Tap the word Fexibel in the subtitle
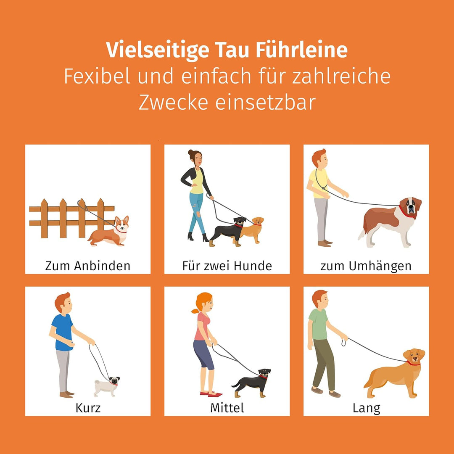97,77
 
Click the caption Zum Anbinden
88,266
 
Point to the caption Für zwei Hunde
227,266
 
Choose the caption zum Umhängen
366,266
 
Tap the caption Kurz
88,408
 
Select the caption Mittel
227,408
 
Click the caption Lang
366,408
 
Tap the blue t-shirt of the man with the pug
63,332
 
